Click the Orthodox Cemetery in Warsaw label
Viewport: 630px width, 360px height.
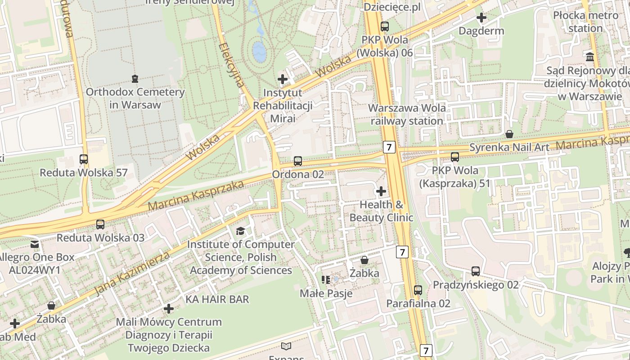[135, 99]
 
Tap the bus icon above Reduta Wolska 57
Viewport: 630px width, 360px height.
[84, 159]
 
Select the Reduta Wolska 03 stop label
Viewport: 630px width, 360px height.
[100, 238]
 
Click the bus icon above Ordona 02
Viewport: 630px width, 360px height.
[297, 161]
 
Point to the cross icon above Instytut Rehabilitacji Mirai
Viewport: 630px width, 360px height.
[283, 80]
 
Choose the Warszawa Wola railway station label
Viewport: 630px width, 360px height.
[407, 114]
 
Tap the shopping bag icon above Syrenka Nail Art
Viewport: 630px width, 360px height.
[509, 134]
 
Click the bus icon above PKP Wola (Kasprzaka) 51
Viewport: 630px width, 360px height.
[455, 157]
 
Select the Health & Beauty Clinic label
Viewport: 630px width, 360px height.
[381, 211]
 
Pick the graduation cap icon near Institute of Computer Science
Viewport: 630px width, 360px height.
[241, 231]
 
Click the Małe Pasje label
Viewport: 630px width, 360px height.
[326, 293]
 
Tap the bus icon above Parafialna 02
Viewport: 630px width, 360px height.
[418, 290]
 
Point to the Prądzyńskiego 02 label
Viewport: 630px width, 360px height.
[476, 285]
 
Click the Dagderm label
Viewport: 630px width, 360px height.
[481, 31]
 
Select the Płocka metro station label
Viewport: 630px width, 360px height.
[585, 22]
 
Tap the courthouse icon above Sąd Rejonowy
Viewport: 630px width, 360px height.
[590, 57]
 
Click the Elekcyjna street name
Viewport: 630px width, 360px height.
[232, 65]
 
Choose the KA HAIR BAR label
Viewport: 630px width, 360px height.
[217, 299]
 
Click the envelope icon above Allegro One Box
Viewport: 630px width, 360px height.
[35, 244]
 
